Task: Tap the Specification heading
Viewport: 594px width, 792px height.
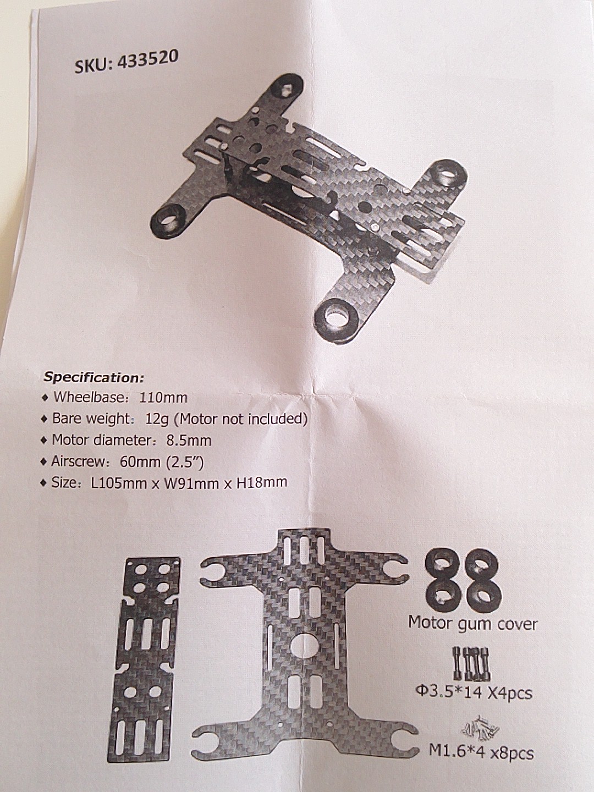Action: (94, 378)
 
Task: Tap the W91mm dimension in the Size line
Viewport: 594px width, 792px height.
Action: (192, 483)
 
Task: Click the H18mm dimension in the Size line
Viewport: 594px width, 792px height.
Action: (261, 482)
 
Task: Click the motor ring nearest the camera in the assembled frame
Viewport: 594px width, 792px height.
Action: (337, 315)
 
